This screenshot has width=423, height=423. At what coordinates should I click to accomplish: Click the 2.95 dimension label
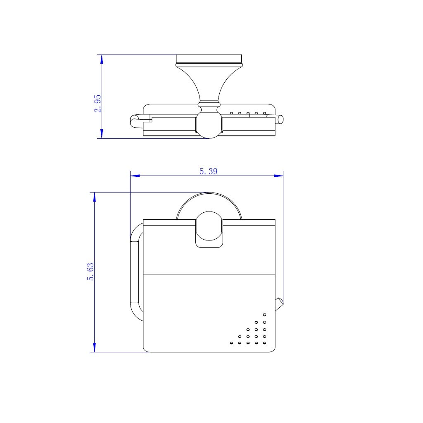[x=97, y=103]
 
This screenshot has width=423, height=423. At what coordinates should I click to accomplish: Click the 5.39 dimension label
[x=208, y=171]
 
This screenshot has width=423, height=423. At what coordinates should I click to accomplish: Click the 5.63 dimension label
[x=90, y=272]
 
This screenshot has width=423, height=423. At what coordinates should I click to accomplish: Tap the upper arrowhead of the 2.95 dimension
[x=102, y=59]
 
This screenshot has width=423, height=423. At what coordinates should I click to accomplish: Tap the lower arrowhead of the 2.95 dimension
[x=102, y=134]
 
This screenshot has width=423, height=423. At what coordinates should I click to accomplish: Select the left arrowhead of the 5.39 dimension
[x=135, y=176]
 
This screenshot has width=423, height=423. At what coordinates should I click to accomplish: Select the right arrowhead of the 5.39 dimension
[x=279, y=176]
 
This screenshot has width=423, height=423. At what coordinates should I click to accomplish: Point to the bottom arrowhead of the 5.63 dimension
[x=95, y=347]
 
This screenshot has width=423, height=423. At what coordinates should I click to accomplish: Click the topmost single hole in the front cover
[x=264, y=314]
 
